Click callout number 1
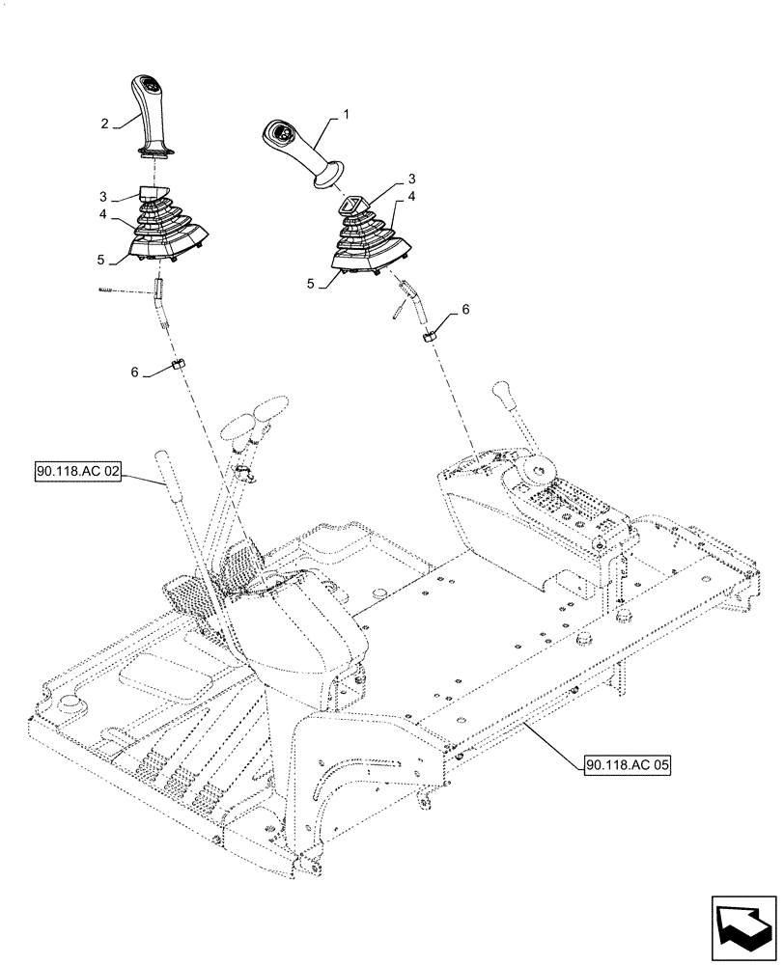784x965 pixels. click(347, 114)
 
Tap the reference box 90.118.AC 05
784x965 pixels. click(628, 765)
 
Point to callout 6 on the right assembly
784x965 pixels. click(465, 309)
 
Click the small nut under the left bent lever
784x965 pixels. click(179, 364)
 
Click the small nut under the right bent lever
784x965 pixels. click(428, 335)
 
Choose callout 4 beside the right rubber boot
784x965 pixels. click(411, 196)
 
